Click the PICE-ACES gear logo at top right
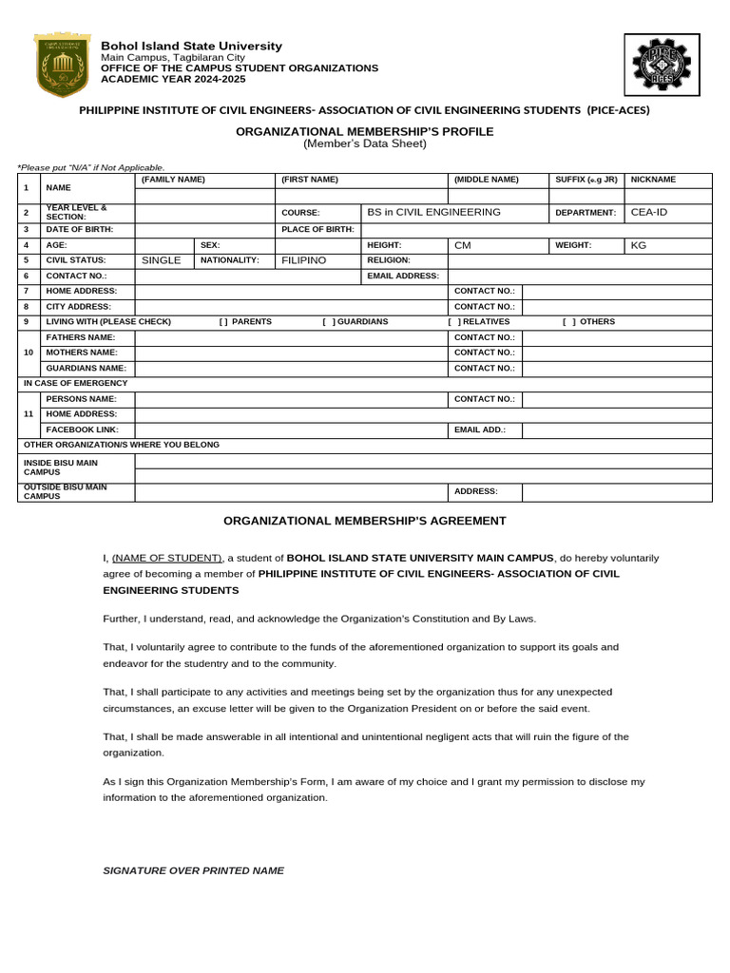pyautogui.click(x=663, y=66)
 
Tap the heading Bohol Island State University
pyautogui.click(x=192, y=46)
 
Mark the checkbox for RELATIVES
pyautogui.click(x=453, y=322)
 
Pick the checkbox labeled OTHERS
pyautogui.click(x=568, y=322)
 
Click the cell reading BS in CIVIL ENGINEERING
pyautogui.click(x=433, y=212)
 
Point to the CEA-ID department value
pyautogui.click(x=649, y=212)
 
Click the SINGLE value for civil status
pyautogui.click(x=161, y=260)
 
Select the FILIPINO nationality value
pyautogui.click(x=304, y=260)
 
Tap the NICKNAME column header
pyautogui.click(x=653, y=180)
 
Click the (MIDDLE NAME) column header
pyautogui.click(x=487, y=180)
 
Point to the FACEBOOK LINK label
pyautogui.click(x=82, y=429)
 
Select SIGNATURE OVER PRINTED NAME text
pyautogui.click(x=193, y=870)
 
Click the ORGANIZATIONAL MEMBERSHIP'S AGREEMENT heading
pyautogui.click(x=365, y=521)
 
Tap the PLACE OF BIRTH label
pyautogui.click(x=317, y=229)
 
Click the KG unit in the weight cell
pyautogui.click(x=639, y=245)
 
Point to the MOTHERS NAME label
pyautogui.click(x=82, y=353)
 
